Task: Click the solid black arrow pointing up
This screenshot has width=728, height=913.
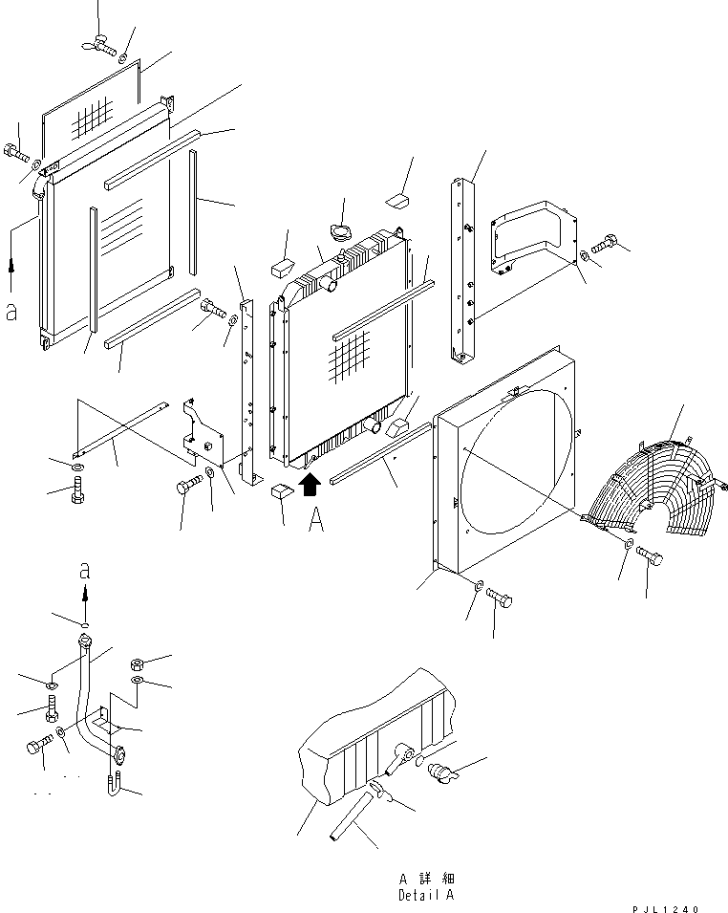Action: [308, 486]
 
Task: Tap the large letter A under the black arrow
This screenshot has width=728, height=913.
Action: [316, 521]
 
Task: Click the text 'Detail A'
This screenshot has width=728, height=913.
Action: [427, 895]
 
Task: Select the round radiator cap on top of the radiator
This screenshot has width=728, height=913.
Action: [341, 233]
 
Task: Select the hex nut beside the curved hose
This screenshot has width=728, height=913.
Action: [137, 662]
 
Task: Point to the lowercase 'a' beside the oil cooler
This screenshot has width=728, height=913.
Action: [11, 313]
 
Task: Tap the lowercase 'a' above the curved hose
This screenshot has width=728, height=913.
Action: [85, 571]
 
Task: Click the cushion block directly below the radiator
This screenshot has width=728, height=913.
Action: [278, 492]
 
